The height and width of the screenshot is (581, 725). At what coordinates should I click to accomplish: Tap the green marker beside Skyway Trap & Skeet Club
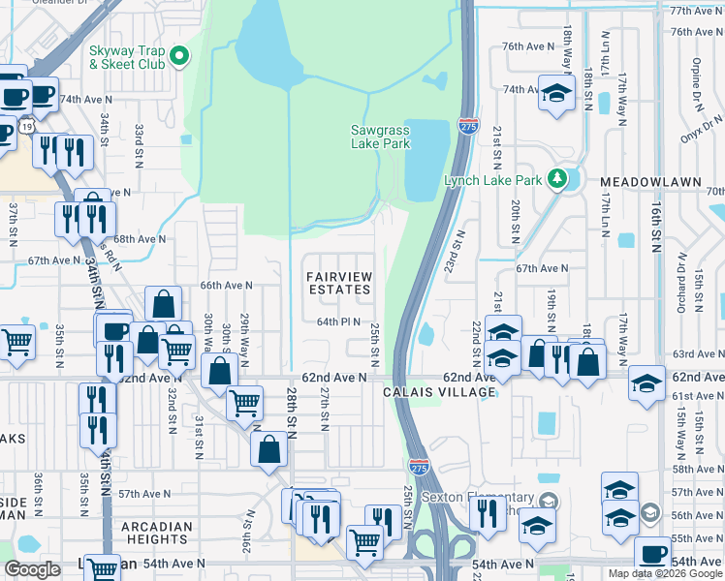(179, 57)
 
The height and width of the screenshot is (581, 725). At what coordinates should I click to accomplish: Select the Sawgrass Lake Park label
(380, 137)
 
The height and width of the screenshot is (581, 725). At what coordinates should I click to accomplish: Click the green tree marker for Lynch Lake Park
(557, 178)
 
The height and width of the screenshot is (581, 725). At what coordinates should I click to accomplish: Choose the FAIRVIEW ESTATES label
(339, 283)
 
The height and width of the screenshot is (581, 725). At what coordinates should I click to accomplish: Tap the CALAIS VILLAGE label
(439, 392)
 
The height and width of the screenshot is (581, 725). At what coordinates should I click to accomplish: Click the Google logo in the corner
(32, 569)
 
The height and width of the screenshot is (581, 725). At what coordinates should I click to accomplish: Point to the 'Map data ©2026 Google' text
(665, 573)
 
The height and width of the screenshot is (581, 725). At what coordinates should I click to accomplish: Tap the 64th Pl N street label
(338, 322)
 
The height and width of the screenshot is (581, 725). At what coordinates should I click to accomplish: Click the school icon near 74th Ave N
(556, 95)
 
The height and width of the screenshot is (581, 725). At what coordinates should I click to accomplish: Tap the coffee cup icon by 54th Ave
(652, 553)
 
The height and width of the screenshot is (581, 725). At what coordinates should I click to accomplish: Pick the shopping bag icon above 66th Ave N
(163, 303)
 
